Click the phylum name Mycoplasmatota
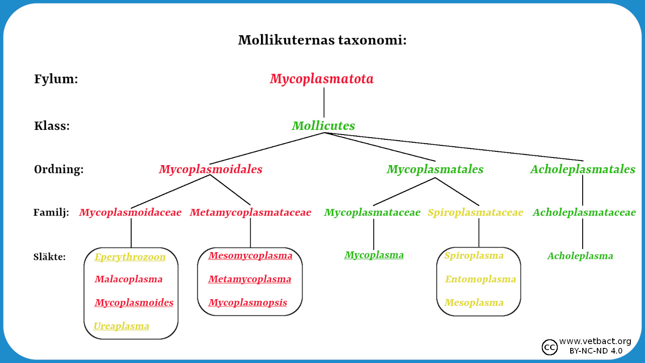click(322, 79)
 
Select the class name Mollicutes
click(323, 126)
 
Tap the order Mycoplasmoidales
click(211, 169)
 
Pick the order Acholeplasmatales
click(583, 169)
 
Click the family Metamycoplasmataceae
click(250, 212)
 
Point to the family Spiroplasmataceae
click(475, 212)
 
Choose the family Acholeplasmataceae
click(584, 212)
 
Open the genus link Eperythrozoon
click(130, 257)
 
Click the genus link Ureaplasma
click(121, 326)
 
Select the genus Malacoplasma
click(129, 279)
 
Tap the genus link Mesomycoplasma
click(250, 255)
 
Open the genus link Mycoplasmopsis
click(248, 302)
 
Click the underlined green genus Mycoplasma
click(374, 255)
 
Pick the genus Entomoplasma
click(480, 279)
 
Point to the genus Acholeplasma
click(580, 256)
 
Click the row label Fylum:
click(56, 79)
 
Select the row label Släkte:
click(49, 257)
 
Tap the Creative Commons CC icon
click(550, 347)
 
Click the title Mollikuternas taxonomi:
click(322, 40)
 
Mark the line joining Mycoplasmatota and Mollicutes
click(324, 102)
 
